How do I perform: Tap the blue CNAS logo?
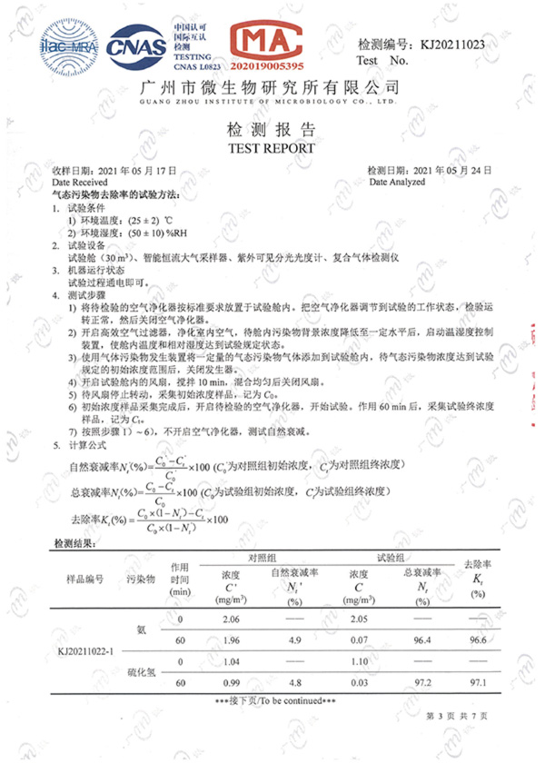point(136,45)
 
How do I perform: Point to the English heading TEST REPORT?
point(272,148)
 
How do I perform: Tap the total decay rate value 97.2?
point(421,681)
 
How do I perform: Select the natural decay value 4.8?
point(293,681)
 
